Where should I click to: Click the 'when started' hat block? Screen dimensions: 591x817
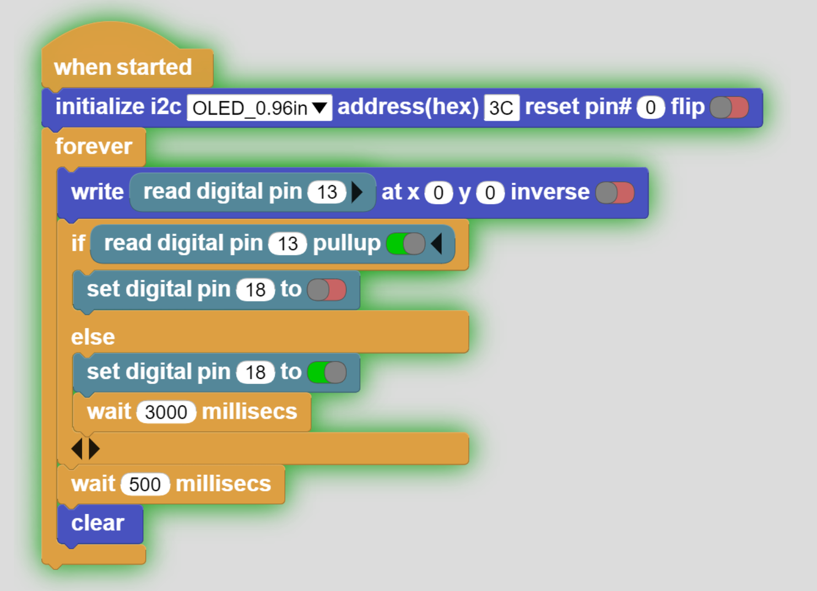tap(122, 67)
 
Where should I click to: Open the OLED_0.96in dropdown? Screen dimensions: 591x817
tap(259, 108)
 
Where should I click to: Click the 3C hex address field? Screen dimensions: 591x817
tap(501, 108)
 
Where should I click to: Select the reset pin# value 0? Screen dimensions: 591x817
tap(651, 107)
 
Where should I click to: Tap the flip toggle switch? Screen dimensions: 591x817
tap(729, 107)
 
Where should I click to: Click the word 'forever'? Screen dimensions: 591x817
tap(94, 147)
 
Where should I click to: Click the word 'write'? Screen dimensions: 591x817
tap(98, 192)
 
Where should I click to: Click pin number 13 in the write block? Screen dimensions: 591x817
tap(327, 192)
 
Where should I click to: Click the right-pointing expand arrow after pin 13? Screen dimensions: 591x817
tap(357, 192)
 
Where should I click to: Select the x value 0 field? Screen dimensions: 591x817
tap(439, 193)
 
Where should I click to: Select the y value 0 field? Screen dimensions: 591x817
tap(490, 193)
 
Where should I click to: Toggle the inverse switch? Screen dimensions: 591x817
tap(615, 193)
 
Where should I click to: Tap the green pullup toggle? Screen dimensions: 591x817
tap(405, 243)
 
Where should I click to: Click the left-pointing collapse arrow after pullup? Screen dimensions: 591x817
tap(437, 243)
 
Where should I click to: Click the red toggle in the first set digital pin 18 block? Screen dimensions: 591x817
tap(327, 290)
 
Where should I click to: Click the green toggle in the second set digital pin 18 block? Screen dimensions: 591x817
tap(327, 372)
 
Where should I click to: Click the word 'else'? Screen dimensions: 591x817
tap(93, 337)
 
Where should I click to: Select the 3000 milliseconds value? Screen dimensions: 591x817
tap(166, 412)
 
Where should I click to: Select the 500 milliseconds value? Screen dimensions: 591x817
tap(145, 484)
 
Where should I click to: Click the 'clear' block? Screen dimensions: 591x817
tap(98, 523)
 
